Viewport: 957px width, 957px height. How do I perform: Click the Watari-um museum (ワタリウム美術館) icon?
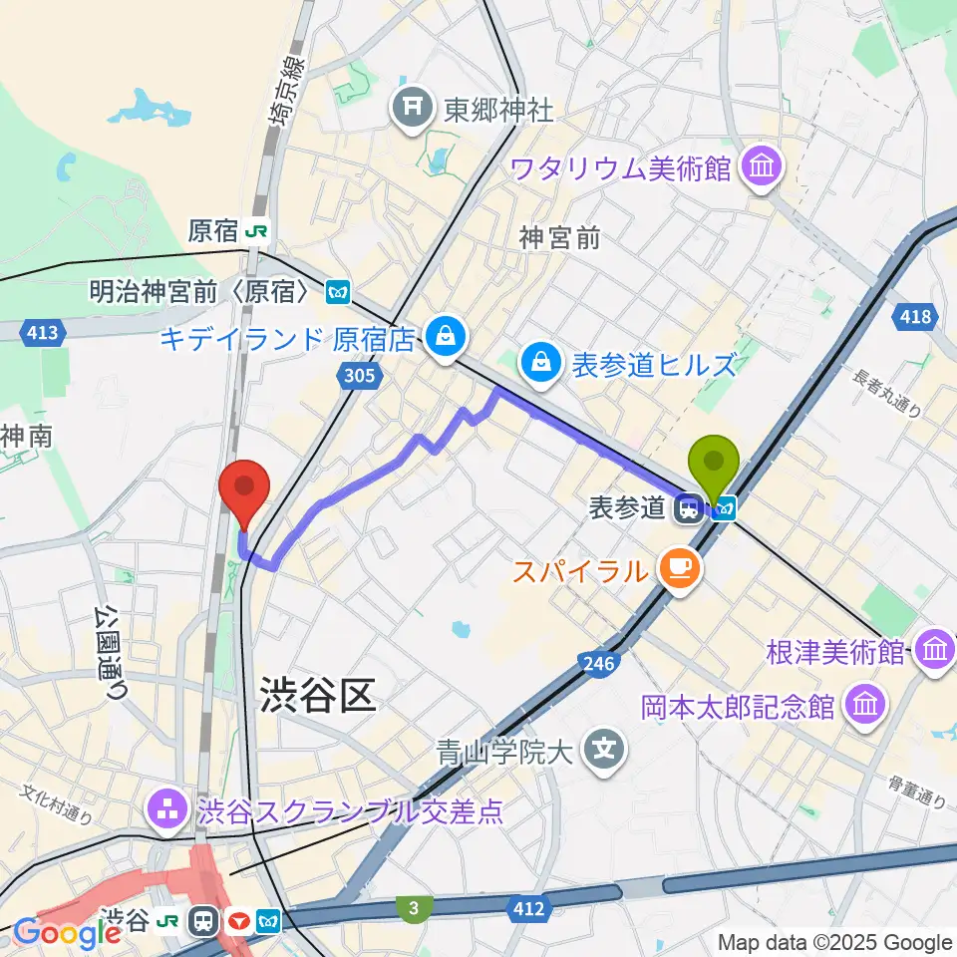tap(764, 165)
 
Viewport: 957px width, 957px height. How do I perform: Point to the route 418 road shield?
tap(918, 317)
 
